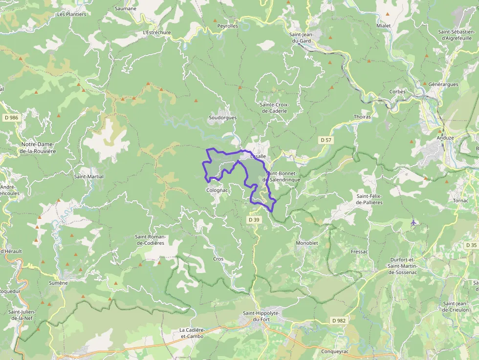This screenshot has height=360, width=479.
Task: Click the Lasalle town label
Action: [x=258, y=156]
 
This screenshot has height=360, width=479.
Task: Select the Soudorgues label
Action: [x=222, y=118]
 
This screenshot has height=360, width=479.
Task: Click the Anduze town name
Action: [x=445, y=138]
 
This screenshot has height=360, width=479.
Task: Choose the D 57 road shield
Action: [x=326, y=140]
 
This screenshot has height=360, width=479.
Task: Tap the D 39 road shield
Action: [x=253, y=220]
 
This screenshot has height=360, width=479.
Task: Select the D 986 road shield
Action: [x=11, y=118]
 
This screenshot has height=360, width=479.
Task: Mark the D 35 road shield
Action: [x=471, y=245]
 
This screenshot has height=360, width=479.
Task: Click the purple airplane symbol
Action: [x=414, y=223]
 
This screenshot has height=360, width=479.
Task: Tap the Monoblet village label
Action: [x=307, y=243]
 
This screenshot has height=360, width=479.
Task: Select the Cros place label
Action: [x=218, y=259]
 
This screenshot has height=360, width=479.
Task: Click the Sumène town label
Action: [x=58, y=283]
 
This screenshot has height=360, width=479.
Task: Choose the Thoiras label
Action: [x=362, y=117]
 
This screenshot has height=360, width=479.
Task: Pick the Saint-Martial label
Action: [x=88, y=176]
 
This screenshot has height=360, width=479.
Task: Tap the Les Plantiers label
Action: [x=71, y=14]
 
